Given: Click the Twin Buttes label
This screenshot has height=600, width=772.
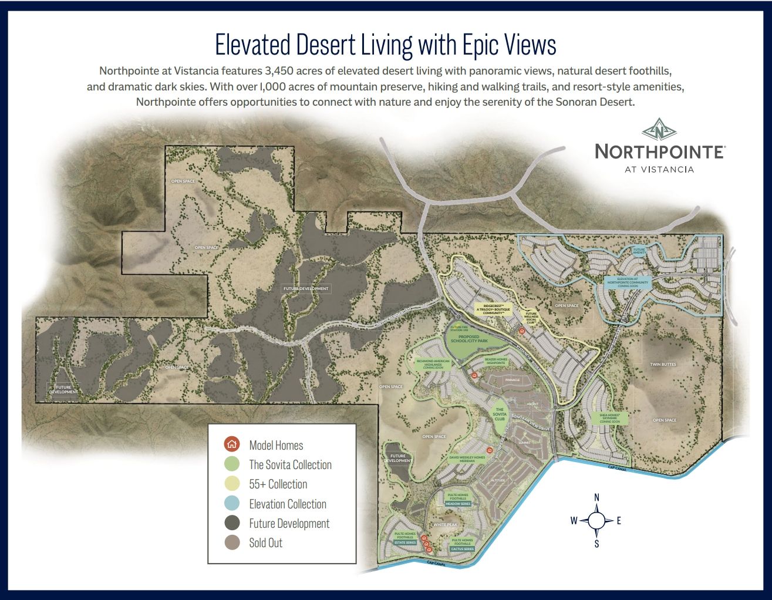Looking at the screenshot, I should [663, 365].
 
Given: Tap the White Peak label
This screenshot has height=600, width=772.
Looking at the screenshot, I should [444, 525].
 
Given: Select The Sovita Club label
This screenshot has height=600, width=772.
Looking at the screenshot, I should [499, 414].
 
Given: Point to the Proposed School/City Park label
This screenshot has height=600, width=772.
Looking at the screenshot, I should [469, 339].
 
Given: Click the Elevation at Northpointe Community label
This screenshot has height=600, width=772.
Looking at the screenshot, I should [628, 282].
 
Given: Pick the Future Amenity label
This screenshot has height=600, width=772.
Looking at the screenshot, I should [639, 251].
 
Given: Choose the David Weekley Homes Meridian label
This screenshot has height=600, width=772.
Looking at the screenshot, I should [467, 459].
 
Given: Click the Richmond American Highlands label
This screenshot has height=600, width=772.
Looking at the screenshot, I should [433, 364].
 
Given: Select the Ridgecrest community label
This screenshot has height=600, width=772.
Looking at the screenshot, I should [493, 309].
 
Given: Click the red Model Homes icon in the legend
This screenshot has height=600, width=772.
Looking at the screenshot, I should [232, 444].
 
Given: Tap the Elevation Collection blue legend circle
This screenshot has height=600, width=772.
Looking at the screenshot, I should [232, 504].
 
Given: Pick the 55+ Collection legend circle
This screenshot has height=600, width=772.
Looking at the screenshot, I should [232, 484].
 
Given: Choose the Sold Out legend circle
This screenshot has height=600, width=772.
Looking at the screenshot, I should [232, 542].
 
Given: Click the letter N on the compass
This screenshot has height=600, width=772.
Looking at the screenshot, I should [597, 498].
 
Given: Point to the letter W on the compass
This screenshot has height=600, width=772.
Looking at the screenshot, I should [574, 521].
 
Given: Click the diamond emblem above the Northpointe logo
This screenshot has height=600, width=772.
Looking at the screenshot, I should [659, 129].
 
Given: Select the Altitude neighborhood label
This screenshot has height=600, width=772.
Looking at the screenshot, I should [498, 480].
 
